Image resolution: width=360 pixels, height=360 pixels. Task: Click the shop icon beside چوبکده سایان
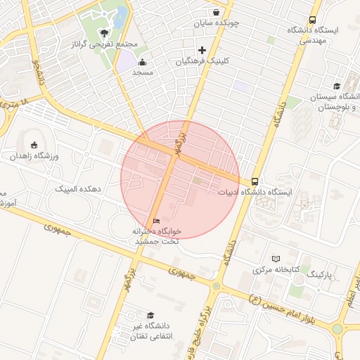pos(215,12)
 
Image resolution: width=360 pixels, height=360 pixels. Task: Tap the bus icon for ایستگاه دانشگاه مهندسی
pos(312,20)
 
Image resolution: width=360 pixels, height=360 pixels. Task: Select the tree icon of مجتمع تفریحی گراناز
pos(105,33)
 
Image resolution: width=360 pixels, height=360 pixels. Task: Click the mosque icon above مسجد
pos(143,62)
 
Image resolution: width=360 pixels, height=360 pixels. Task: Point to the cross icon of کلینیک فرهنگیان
pos(202,50)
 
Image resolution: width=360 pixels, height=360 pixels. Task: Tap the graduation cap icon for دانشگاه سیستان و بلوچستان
pos(337,86)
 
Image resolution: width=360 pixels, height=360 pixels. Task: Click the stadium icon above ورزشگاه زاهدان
pos(35,144)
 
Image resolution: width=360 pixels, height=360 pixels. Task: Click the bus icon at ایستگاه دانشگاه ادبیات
pos(254,181)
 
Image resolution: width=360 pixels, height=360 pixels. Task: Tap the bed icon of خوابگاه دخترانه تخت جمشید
pos(156,221)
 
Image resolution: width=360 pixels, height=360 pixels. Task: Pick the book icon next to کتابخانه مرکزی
pos(276,259)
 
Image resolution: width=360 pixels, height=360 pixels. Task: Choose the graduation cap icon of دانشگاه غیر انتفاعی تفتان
pos(149,315)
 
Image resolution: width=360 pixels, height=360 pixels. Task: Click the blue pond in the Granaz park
pos(122,15)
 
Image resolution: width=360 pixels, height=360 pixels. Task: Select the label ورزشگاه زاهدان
pos(34,155)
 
